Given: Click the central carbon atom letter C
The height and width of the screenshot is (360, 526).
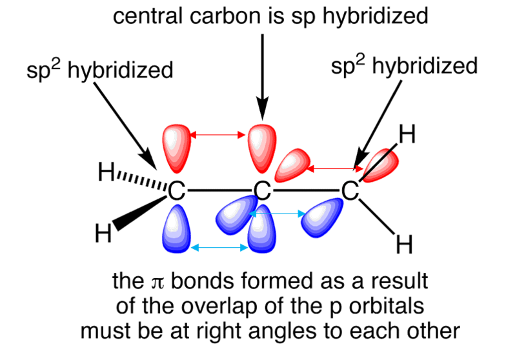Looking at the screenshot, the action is point(262,191).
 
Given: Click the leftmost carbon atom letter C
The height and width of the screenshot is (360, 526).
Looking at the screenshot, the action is point(176,191).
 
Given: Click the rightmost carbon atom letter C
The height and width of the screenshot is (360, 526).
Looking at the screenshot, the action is point(350,191).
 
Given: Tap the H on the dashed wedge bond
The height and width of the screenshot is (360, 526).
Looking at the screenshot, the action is point(106,172).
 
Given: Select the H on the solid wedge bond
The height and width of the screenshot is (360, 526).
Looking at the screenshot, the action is point(103,233).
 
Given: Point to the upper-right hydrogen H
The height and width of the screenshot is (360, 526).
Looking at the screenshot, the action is point(407,134).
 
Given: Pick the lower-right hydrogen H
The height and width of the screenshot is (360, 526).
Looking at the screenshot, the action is point(404,245).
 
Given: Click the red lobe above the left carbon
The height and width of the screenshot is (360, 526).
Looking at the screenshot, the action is point(176,148).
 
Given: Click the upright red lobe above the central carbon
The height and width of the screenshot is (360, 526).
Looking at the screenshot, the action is point(262,148).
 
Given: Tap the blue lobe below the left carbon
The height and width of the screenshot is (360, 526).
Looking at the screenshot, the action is point(176,229).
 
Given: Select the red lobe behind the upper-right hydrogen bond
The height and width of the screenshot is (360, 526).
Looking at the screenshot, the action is point(381,166).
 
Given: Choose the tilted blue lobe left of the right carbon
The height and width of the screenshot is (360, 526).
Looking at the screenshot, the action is point(322,217).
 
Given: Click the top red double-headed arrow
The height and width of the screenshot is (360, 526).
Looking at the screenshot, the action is point(217,135).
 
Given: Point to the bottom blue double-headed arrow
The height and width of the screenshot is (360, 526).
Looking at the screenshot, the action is point(219,248).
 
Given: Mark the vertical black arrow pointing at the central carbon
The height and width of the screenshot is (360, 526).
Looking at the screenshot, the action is point(262,76).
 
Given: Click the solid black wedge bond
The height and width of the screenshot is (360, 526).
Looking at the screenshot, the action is point(140,213).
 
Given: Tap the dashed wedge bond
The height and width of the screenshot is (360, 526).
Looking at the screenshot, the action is point(142,181).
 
